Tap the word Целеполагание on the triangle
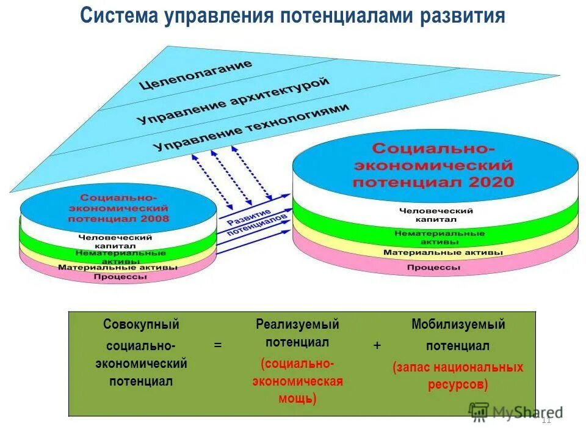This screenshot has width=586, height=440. tap(195, 75)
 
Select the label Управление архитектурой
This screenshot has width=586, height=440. tap(234, 101)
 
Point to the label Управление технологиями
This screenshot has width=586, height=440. tap(251, 127)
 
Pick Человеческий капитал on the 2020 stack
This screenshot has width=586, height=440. tap(436, 215)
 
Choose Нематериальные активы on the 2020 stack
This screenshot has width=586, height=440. tap(440, 237)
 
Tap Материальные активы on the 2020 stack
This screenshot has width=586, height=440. tap(443, 252)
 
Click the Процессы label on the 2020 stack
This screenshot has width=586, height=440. tap(433, 268)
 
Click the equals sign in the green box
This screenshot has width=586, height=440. tap(218, 345)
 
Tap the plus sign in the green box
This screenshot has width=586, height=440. tap(377, 345)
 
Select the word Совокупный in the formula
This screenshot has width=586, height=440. tap(141, 324)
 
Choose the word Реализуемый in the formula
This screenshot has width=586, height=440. tap(297, 324)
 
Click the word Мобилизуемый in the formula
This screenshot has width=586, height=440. tap(458, 324)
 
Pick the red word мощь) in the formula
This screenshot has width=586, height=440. tap(297, 399)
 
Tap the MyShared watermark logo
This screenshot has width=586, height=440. tap(516, 413)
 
